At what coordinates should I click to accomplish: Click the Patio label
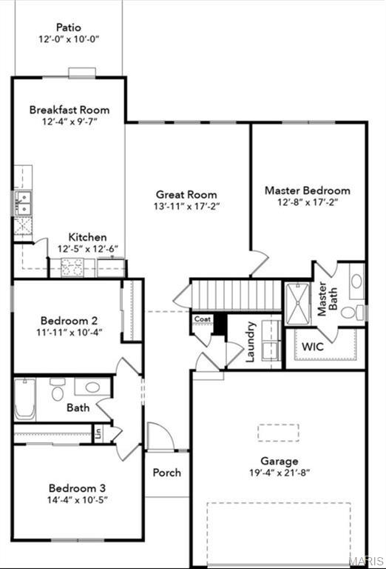[69, 27]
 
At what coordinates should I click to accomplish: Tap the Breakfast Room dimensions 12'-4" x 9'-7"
[70, 122]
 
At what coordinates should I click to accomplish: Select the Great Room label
[186, 195]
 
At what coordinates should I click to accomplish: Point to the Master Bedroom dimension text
[308, 202]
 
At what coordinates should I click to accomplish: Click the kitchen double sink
[22, 203]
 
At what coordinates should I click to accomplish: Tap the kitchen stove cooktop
[72, 267]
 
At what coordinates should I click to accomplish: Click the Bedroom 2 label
[69, 321]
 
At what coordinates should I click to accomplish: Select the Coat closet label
[202, 319]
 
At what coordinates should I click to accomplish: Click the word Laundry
[250, 342]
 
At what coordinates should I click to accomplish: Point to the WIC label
[313, 346]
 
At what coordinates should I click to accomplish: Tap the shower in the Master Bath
[298, 304]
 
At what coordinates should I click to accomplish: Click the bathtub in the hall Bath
[24, 399]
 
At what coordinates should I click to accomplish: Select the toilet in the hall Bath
[57, 390]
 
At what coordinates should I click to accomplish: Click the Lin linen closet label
[98, 433]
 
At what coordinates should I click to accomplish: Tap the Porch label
[166, 473]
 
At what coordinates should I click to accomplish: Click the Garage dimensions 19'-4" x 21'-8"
[280, 473]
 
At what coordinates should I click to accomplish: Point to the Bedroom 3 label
[77, 488]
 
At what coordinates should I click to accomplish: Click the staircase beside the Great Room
[236, 295]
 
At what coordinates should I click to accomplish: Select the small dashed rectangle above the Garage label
[278, 433]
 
